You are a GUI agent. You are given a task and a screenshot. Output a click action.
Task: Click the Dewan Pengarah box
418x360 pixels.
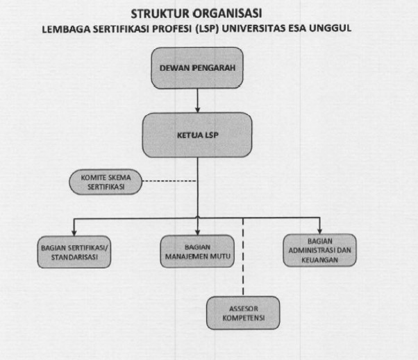click(x=197, y=68)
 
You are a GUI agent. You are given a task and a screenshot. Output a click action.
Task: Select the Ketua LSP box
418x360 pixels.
click(x=197, y=135)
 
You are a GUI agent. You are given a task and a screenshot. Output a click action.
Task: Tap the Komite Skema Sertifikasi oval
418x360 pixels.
click(x=106, y=182)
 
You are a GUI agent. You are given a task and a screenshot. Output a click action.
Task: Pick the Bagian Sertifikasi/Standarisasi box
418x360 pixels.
click(x=74, y=252)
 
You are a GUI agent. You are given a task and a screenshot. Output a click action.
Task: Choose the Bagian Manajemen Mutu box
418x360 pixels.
click(x=197, y=251)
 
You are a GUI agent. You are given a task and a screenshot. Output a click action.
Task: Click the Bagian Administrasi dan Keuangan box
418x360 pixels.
click(x=319, y=250)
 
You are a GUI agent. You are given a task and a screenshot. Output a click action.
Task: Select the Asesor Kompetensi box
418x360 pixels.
click(x=243, y=313)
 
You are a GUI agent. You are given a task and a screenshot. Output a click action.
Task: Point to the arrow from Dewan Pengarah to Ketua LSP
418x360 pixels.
click(x=197, y=101)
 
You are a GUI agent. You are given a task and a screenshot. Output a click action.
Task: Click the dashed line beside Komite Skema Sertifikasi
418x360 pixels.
click(x=170, y=181)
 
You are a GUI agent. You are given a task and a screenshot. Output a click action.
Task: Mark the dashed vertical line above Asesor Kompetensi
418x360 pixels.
click(x=243, y=257)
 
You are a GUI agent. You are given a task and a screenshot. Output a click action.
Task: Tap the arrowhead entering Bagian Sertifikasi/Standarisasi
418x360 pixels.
click(x=74, y=233)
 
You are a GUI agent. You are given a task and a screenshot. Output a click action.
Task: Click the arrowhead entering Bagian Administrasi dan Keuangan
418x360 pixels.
click(x=319, y=231)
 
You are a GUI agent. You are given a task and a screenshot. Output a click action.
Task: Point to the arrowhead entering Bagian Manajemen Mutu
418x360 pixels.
click(x=197, y=232)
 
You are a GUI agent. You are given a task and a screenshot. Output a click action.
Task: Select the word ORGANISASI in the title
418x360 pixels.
click(x=228, y=14)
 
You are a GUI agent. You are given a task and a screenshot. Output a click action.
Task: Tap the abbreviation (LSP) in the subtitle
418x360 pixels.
click(x=207, y=28)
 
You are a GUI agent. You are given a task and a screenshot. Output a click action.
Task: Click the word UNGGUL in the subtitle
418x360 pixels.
click(x=330, y=28)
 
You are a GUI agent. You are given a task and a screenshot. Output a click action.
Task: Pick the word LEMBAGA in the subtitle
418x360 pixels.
click(x=67, y=29)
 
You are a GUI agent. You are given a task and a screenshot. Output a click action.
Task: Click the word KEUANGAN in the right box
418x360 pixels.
click(x=319, y=260)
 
